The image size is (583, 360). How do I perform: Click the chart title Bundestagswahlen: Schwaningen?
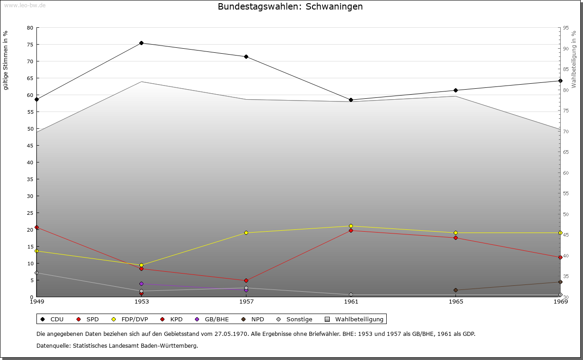(290, 7)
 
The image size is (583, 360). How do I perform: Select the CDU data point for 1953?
(142, 43)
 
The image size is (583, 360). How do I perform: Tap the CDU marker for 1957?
(246, 57)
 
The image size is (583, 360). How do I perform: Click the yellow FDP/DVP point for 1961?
(351, 226)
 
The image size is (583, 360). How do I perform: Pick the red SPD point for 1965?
(456, 238)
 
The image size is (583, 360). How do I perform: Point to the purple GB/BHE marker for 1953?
(142, 284)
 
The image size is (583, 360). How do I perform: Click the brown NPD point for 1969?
(561, 282)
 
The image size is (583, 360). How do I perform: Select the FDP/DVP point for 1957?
(246, 233)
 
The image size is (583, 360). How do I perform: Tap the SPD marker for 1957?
(246, 281)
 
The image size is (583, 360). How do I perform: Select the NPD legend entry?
(253, 319)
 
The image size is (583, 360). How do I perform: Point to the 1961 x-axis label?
(351, 301)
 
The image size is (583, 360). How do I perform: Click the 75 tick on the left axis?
(30, 45)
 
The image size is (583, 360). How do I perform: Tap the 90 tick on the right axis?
(566, 49)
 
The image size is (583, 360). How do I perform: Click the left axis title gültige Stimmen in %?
(6, 60)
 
